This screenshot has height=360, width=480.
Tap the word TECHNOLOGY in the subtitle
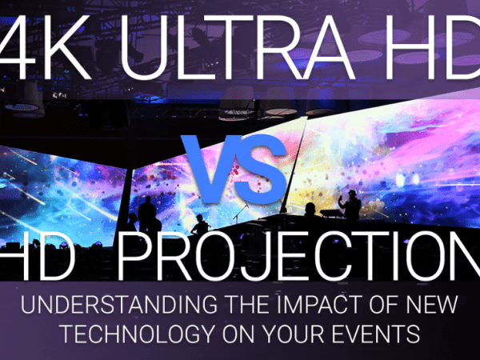138,333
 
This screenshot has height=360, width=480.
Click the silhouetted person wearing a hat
350,206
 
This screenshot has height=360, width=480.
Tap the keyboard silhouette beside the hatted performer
331,213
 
